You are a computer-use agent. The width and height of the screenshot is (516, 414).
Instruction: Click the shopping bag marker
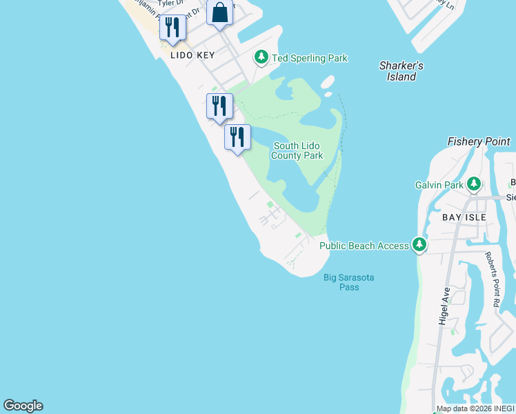click(219, 14)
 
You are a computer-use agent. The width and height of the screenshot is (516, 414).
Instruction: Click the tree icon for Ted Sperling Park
click(261, 57)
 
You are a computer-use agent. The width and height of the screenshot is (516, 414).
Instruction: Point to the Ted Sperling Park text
click(310, 59)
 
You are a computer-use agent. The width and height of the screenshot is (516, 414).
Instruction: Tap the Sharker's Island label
click(401, 71)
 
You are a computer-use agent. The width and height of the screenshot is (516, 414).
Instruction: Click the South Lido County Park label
click(297, 150)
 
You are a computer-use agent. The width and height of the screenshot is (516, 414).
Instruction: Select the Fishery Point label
click(479, 141)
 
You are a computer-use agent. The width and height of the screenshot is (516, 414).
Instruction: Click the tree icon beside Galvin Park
click(474, 184)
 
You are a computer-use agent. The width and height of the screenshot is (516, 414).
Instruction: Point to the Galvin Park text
click(439, 185)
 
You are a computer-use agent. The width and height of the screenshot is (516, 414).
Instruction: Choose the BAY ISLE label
click(464, 217)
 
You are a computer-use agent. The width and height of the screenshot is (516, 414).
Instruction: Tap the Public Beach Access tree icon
click(419, 244)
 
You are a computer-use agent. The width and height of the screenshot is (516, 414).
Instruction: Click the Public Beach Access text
click(364, 245)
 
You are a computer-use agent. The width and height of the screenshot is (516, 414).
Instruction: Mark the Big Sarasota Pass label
click(349, 282)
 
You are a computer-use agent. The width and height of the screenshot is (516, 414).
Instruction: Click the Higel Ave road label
click(444, 306)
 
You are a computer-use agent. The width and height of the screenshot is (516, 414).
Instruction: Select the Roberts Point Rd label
click(491, 279)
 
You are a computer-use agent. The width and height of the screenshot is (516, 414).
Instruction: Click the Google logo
click(23, 406)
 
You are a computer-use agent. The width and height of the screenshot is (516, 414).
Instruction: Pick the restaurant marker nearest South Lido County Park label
click(237, 137)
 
